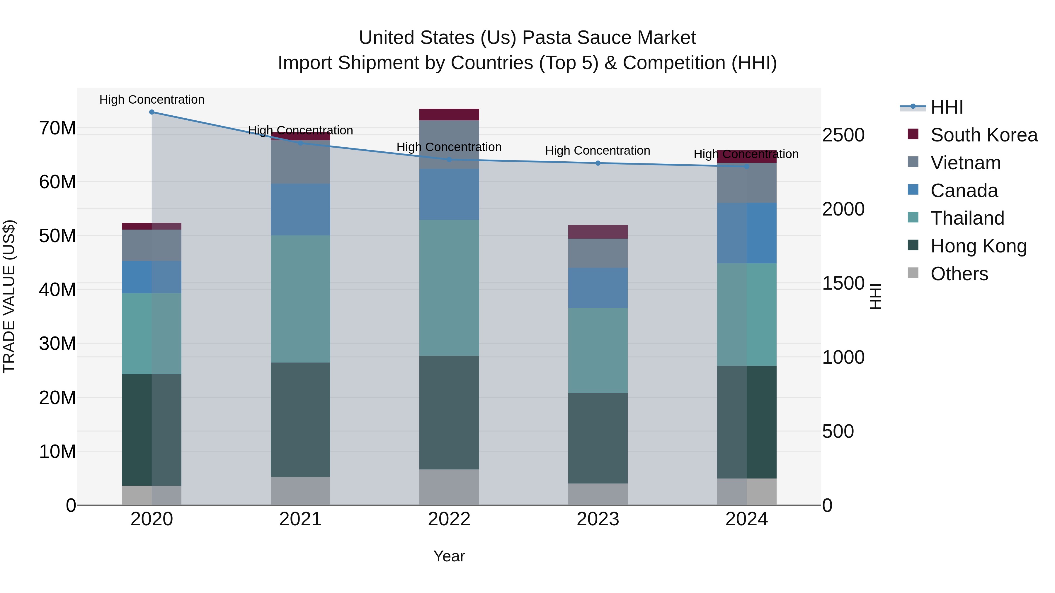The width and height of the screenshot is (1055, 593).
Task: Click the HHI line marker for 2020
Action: pos(152,112)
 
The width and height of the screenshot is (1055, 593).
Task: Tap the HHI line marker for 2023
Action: pos(598,163)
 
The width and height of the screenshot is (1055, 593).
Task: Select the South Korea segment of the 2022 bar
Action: pos(449,115)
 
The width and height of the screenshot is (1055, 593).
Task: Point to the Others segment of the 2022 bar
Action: pos(449,487)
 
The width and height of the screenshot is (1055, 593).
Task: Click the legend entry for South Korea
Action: pos(984,135)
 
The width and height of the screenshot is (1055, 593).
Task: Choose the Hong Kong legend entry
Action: pos(979,246)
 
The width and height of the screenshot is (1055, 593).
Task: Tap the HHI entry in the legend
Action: pos(947,107)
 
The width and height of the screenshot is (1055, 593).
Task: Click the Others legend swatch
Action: pos(913,273)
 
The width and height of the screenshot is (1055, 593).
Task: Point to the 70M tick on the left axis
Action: pos(57,128)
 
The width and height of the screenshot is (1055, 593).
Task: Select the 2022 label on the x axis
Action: pos(449,519)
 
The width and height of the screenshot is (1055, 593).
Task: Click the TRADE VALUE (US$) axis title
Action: pos(9,296)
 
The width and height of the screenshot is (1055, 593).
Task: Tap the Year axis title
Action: pos(449,556)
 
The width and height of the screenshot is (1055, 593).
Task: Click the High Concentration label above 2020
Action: pos(152,100)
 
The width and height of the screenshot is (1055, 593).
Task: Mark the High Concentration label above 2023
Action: pos(598,151)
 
